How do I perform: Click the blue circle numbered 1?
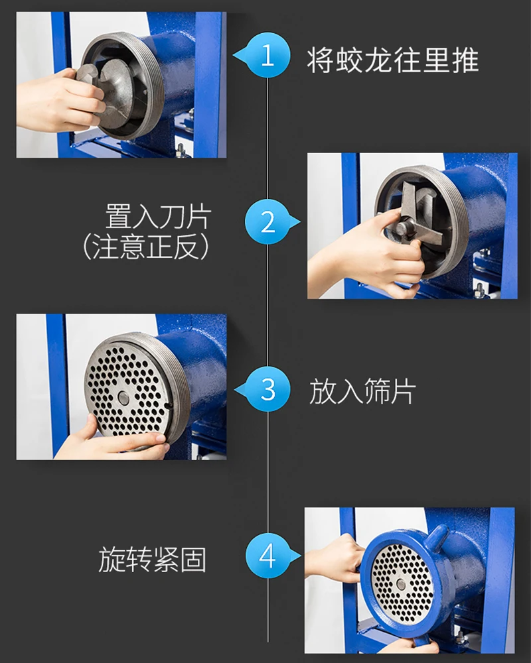point(267,55)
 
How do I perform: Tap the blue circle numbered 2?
point(267,221)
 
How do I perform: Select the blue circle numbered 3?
point(267,389)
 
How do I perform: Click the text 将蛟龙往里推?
point(392,60)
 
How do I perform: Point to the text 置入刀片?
point(157,217)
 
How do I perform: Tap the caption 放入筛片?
point(362,392)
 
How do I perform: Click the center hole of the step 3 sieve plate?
point(124,397)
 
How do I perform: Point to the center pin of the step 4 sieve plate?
point(400,584)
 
